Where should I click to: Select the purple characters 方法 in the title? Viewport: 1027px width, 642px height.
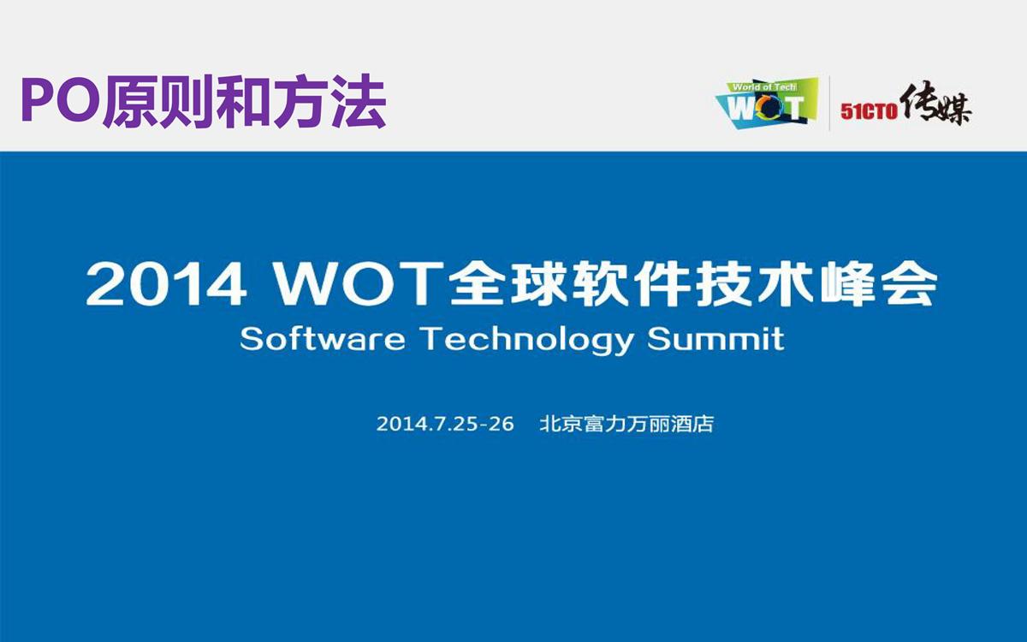[x=330, y=102]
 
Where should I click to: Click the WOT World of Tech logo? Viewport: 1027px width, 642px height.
[x=767, y=104]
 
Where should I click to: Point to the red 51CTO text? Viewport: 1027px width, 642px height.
[x=869, y=111]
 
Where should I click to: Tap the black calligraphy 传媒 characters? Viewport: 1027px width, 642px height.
[x=935, y=104]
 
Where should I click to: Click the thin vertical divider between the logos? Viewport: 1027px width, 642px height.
[x=829, y=104]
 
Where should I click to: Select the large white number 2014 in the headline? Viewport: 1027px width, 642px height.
[x=166, y=283]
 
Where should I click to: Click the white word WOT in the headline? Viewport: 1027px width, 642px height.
[x=359, y=283]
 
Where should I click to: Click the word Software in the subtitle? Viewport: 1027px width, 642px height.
[x=323, y=339]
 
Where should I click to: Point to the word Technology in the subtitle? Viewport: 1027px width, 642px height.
[x=527, y=342]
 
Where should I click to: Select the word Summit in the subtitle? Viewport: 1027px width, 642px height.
[x=716, y=339]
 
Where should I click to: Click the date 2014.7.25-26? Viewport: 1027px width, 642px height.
[x=445, y=425]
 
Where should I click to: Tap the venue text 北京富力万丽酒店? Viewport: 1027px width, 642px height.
[x=626, y=425]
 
